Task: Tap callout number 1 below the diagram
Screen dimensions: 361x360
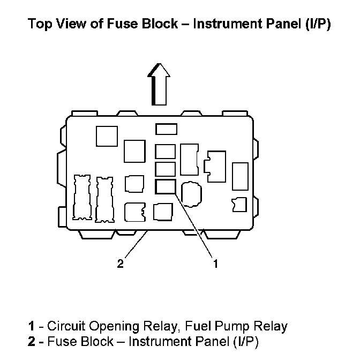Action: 215,263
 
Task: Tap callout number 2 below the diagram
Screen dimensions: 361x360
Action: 121,263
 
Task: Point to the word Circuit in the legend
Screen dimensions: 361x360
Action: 67,326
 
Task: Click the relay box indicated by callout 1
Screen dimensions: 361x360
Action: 165,186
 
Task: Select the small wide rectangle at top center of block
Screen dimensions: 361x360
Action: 166,129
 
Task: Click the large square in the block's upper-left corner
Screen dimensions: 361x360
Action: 107,136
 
